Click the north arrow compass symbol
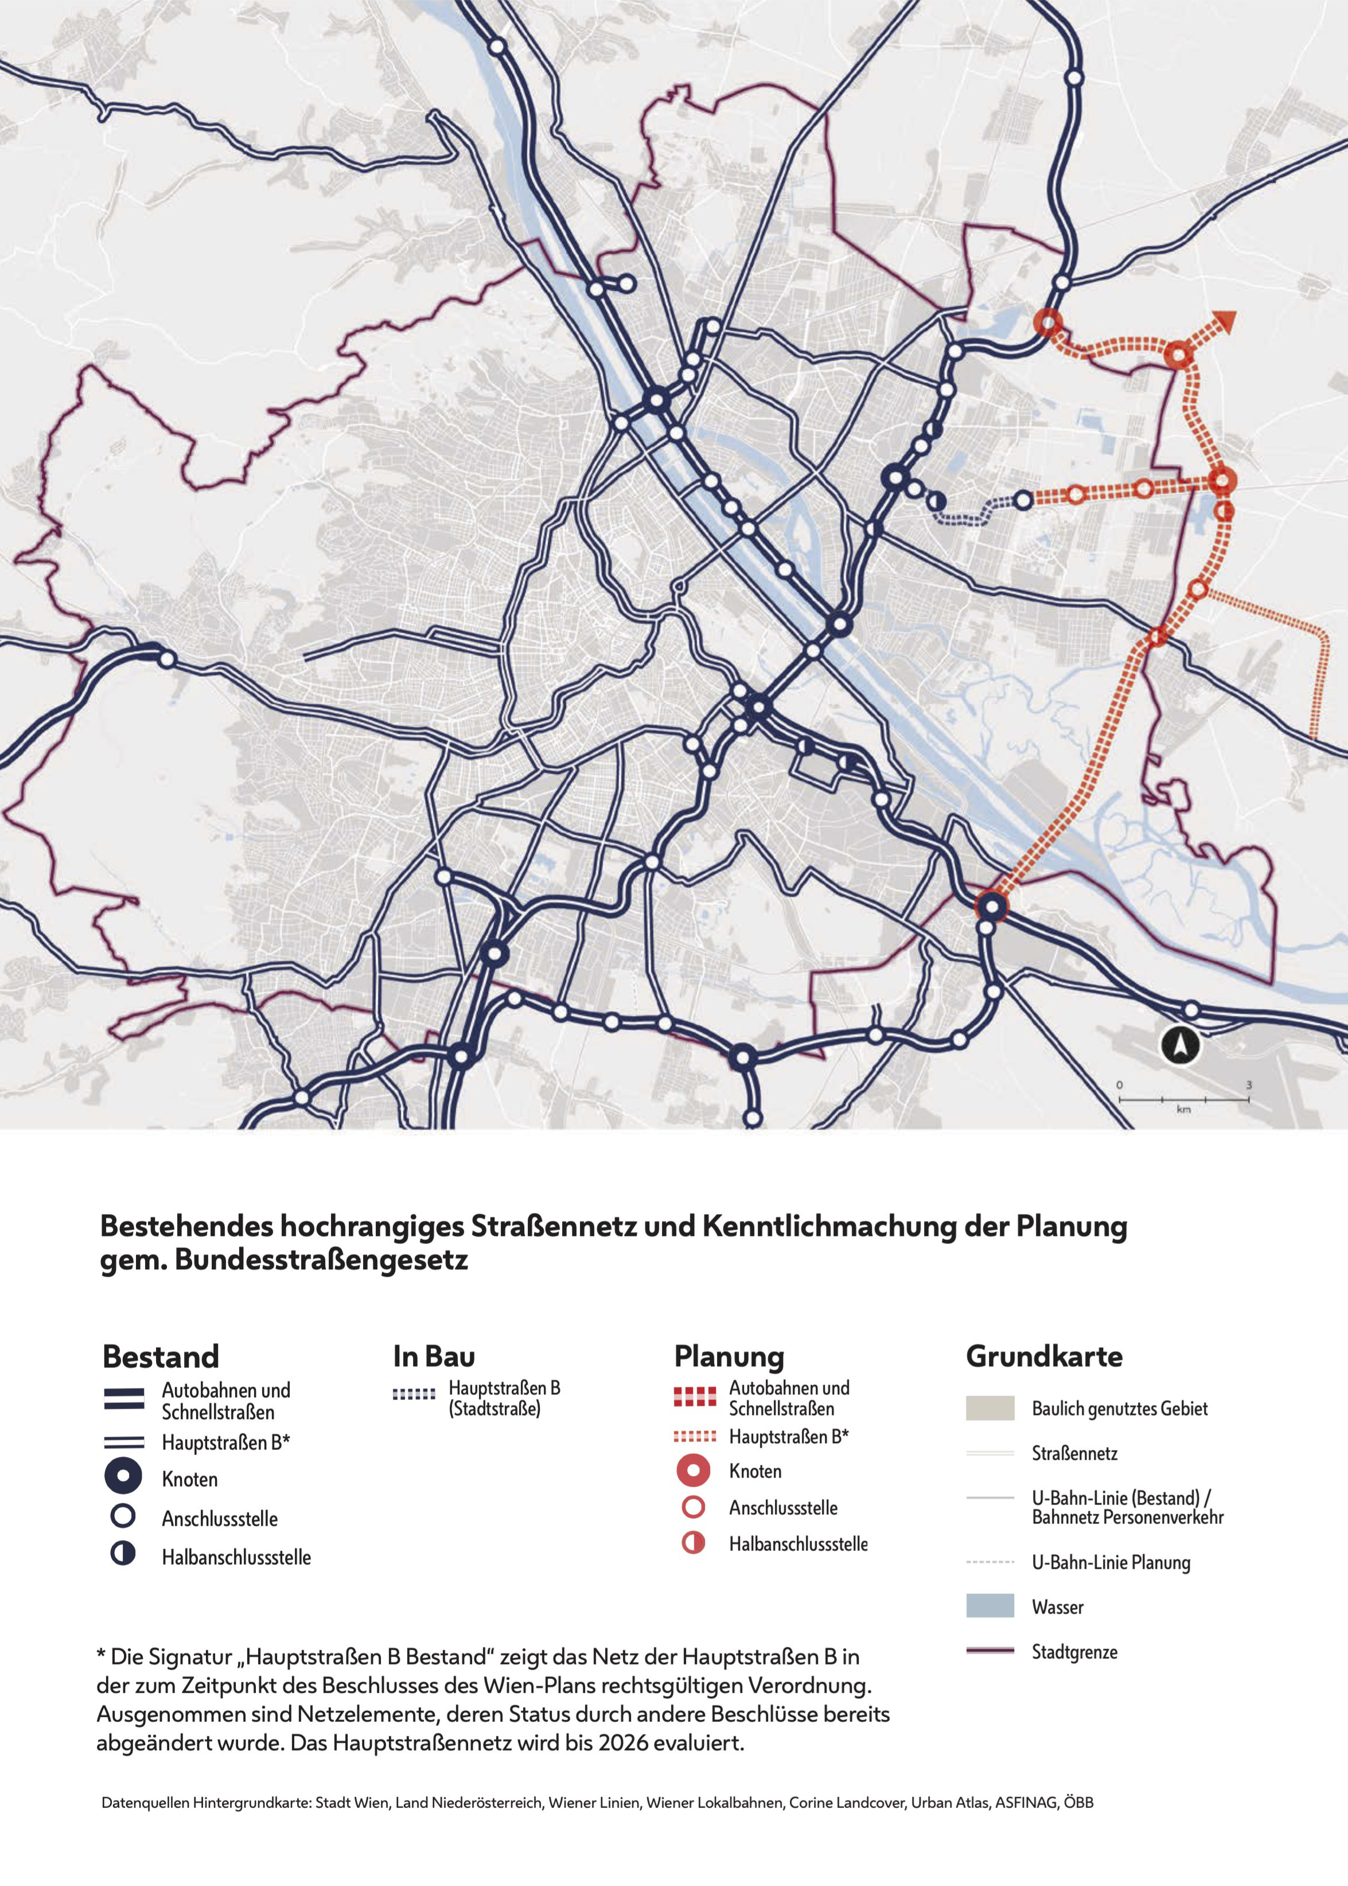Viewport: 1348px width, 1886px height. (x=1181, y=1044)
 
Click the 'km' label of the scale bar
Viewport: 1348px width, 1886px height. (x=1183, y=1109)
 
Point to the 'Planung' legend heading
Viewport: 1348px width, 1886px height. (x=729, y=1356)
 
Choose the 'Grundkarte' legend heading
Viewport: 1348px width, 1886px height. (x=1043, y=1356)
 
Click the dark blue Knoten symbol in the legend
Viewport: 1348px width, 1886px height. (x=123, y=1475)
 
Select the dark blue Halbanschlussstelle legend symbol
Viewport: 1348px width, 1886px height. (x=123, y=1553)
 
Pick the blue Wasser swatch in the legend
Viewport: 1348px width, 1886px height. (x=989, y=1605)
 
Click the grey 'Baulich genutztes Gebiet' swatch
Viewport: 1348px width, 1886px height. (x=989, y=1408)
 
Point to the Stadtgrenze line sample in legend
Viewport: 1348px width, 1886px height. (x=989, y=1650)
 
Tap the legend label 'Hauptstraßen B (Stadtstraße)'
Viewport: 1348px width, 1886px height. (x=504, y=1398)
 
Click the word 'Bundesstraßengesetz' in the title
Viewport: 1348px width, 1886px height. (x=321, y=1260)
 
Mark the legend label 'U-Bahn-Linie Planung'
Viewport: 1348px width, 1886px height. (x=1111, y=1562)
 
